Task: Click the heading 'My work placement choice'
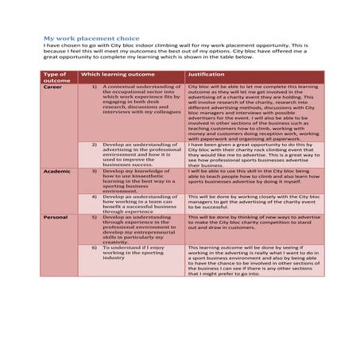[91, 38]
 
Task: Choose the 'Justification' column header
[206, 73]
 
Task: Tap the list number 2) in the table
[95, 145]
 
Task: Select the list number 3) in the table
[95, 171]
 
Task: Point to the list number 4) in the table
[95, 195]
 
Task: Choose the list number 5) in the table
[95, 216]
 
